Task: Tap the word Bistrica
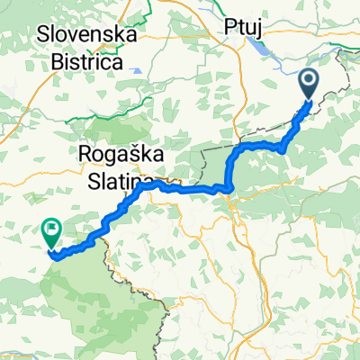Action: (87, 58)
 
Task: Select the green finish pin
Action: (50, 235)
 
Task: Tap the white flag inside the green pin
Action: (50, 230)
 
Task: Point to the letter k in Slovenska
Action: (121, 35)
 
